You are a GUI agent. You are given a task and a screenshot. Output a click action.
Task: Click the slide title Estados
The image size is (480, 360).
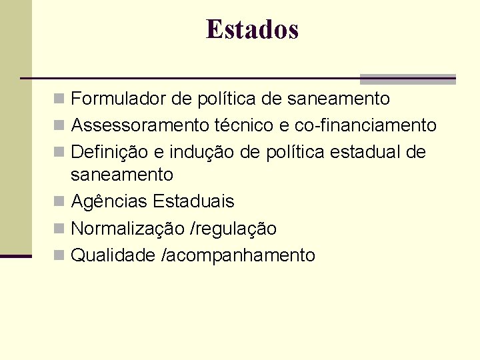point(253,29)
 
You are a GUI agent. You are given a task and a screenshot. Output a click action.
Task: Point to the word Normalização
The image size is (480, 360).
point(127,229)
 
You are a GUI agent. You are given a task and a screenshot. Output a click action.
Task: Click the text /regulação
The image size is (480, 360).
point(233,229)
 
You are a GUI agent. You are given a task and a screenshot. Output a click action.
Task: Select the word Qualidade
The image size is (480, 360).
point(113,255)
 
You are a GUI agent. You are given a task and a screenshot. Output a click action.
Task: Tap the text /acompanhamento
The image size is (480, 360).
point(239,255)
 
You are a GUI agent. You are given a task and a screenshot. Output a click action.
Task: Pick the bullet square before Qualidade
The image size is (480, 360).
point(59,255)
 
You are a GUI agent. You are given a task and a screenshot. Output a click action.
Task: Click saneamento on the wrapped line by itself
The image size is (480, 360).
point(122,175)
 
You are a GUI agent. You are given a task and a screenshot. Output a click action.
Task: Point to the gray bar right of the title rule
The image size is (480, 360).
point(407,79)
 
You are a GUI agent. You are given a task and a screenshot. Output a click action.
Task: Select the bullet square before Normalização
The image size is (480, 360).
point(59,229)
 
